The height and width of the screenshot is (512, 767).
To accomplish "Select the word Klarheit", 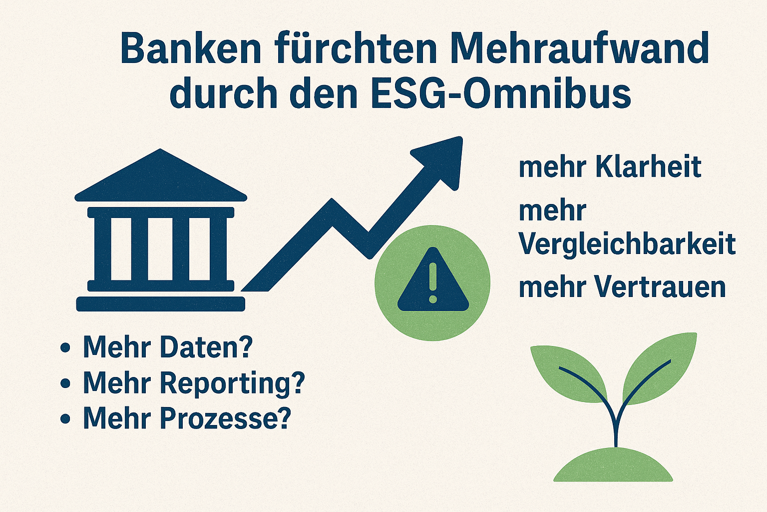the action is tap(649, 167).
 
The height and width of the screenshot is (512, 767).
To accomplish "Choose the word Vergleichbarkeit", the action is tap(627, 244).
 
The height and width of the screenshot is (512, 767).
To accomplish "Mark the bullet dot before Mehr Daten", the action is tap(65, 347).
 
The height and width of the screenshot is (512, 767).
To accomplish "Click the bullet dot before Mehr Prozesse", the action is tap(65, 418).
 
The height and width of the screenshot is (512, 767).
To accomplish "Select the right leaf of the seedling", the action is tap(659, 368).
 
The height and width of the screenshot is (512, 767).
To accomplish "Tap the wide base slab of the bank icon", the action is tap(161, 304).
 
